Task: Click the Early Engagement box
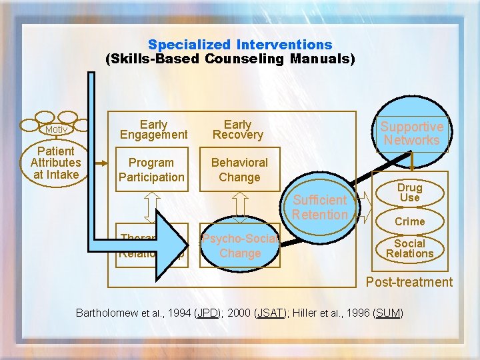(153, 129)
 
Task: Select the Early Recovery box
(238, 129)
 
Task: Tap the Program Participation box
(152, 170)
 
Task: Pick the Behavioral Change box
(239, 170)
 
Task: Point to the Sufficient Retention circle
(320, 207)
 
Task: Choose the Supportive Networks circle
(411, 133)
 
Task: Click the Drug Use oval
(409, 193)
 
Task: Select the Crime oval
(409, 221)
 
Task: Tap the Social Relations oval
(409, 248)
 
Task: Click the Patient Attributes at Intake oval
(55, 163)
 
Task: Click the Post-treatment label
(409, 282)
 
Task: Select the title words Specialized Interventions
(240, 45)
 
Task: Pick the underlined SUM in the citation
(389, 313)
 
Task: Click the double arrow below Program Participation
(153, 207)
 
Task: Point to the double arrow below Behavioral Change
(239, 206)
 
